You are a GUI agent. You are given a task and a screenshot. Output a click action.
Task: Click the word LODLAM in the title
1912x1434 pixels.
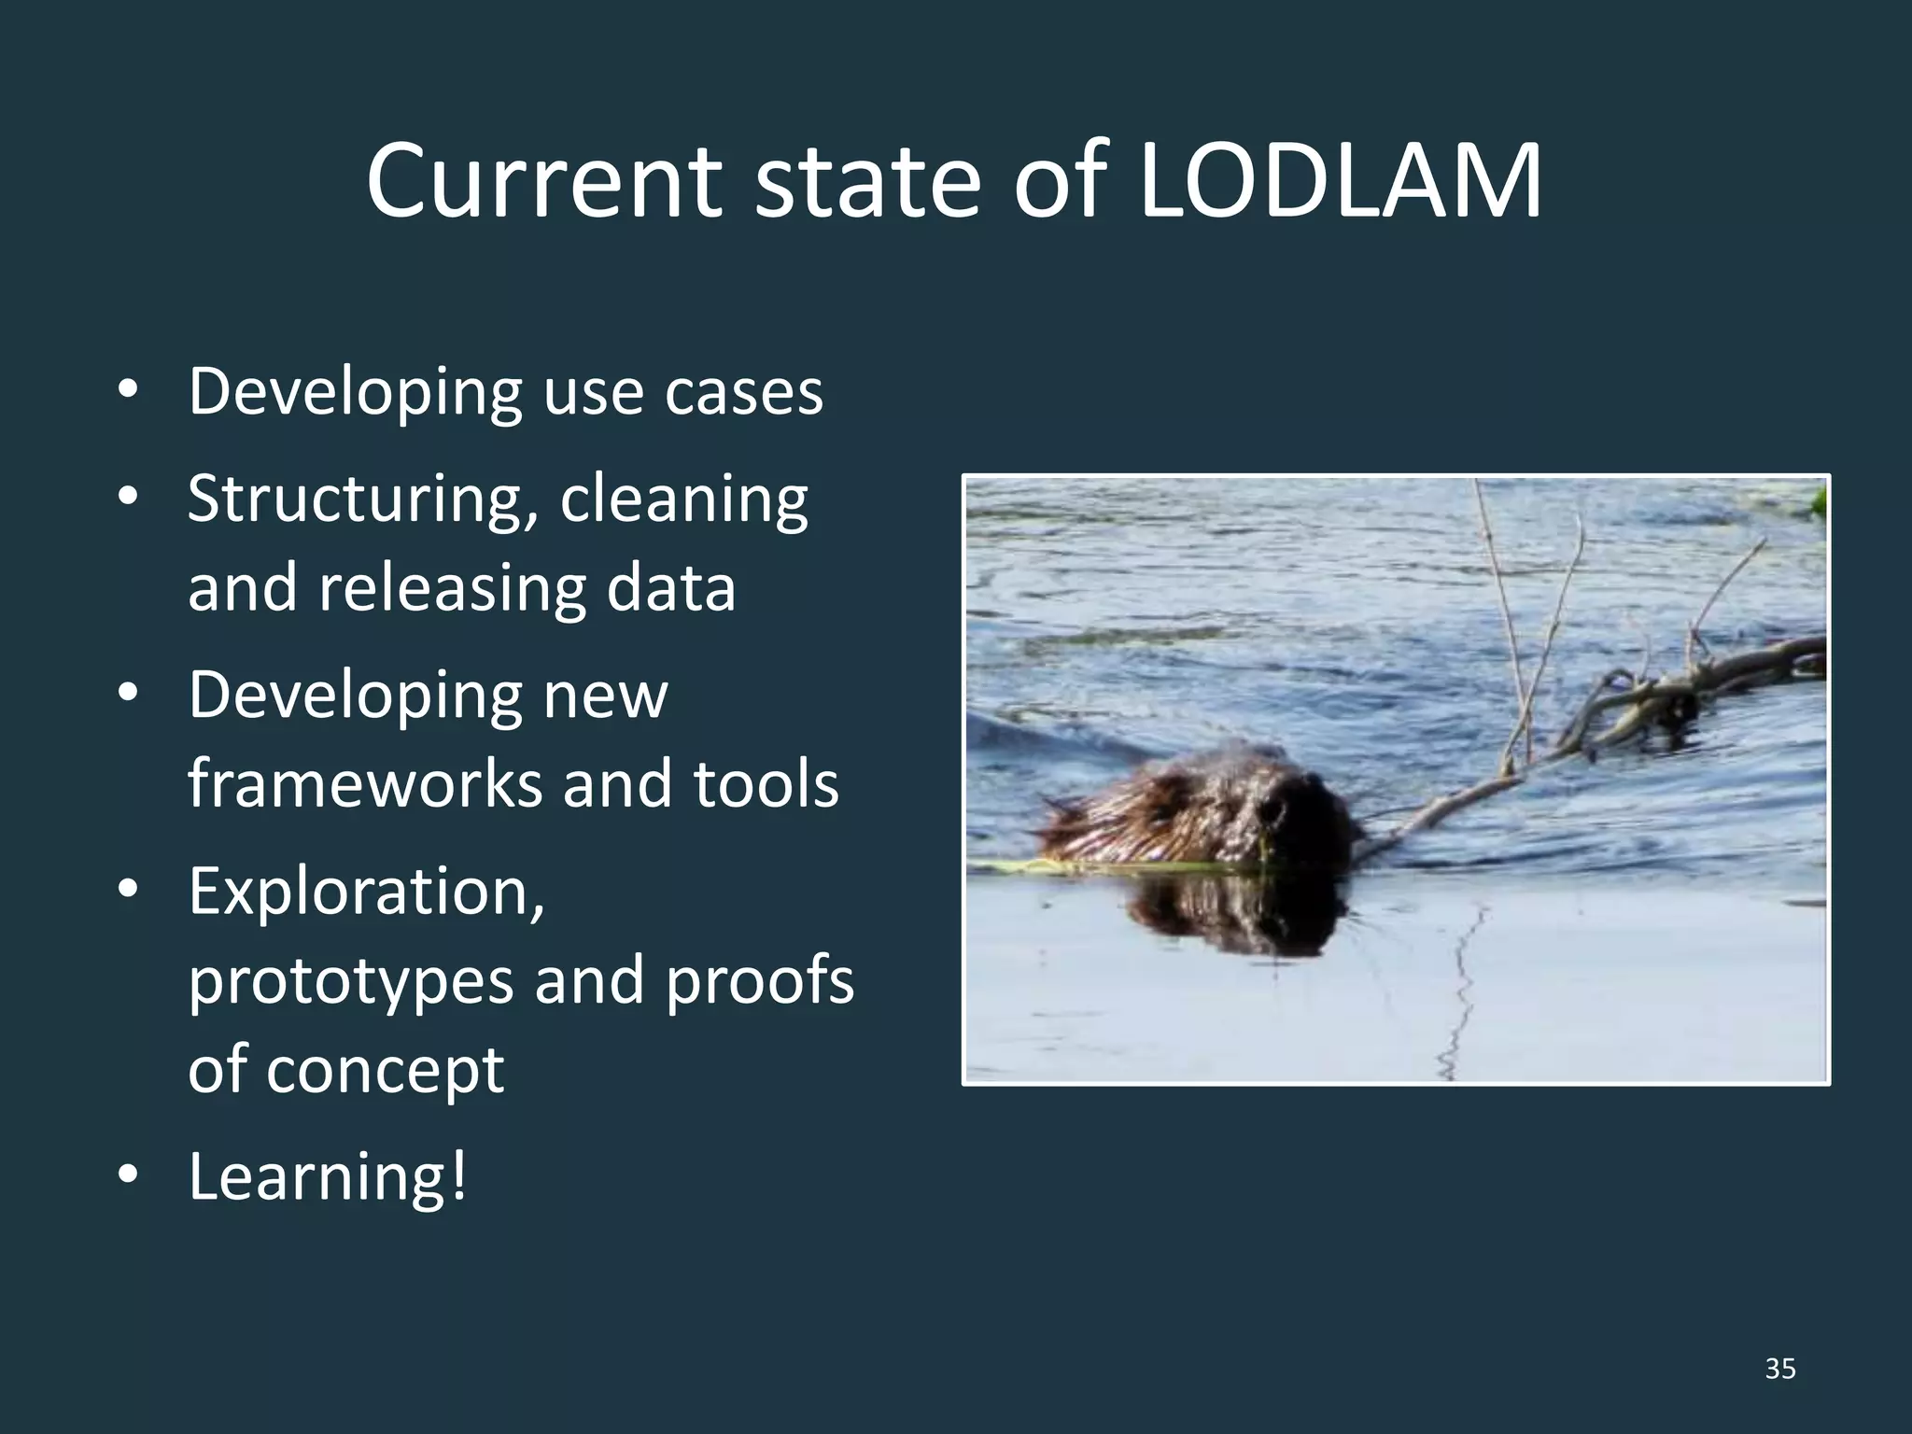[x=1341, y=182]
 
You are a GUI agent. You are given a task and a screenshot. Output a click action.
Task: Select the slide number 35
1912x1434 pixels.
[x=1780, y=1369]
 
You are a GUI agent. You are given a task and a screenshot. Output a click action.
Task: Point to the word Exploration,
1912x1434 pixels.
[x=366, y=892]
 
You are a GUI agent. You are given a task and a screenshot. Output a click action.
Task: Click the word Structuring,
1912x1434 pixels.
[x=359, y=499]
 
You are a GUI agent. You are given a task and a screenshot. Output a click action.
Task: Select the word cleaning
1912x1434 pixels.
[x=683, y=499]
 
